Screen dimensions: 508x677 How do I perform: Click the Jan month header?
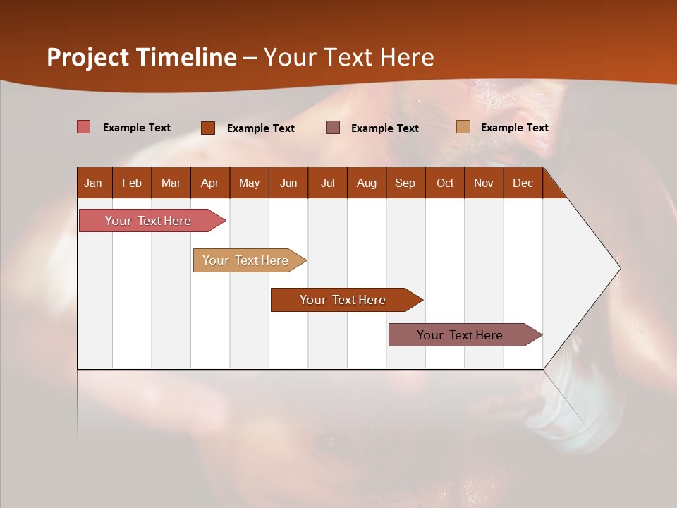click(x=93, y=183)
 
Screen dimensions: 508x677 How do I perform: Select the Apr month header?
click(x=209, y=183)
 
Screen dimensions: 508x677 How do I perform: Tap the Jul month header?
click(x=327, y=183)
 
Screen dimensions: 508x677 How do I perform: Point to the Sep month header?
click(x=405, y=183)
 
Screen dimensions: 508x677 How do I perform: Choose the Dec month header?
click(x=523, y=183)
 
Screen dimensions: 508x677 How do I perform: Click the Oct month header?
click(x=444, y=183)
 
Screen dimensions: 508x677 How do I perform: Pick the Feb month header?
click(x=132, y=183)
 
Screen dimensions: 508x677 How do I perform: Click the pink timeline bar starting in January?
click(x=148, y=221)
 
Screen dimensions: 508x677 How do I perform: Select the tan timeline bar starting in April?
click(x=245, y=260)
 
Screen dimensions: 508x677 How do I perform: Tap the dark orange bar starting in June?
click(x=343, y=300)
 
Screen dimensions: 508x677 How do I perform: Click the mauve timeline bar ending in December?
click(x=460, y=335)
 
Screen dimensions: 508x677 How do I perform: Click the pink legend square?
click(x=84, y=127)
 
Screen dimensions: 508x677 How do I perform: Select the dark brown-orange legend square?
click(x=208, y=128)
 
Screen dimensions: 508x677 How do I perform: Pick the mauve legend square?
click(x=333, y=127)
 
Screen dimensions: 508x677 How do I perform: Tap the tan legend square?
click(x=463, y=127)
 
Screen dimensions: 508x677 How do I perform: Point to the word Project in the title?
click(x=87, y=57)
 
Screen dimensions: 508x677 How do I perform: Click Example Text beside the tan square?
click(x=514, y=127)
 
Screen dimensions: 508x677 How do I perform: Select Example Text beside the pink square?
click(x=137, y=127)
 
